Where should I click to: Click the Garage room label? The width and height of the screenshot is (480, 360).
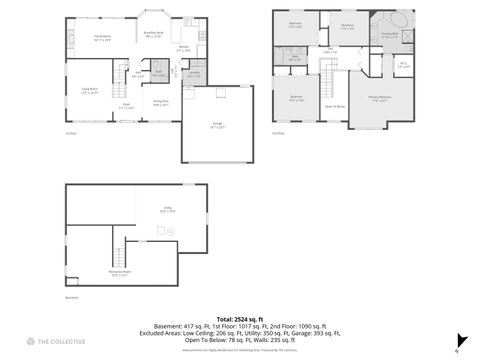(x=217, y=125)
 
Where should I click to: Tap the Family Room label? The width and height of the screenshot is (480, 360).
(x=102, y=38)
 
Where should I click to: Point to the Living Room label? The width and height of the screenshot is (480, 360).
(x=88, y=91)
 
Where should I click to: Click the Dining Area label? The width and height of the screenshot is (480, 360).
(x=160, y=102)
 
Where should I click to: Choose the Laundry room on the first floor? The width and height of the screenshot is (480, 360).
(x=195, y=74)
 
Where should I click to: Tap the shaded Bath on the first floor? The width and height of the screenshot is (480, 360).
(x=158, y=73)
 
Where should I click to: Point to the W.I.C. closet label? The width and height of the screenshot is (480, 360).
(x=402, y=66)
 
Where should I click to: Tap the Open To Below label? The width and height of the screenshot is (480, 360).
(x=334, y=105)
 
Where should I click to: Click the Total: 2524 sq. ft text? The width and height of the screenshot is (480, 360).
(x=239, y=317)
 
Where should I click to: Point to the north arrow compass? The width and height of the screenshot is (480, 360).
(x=458, y=340)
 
